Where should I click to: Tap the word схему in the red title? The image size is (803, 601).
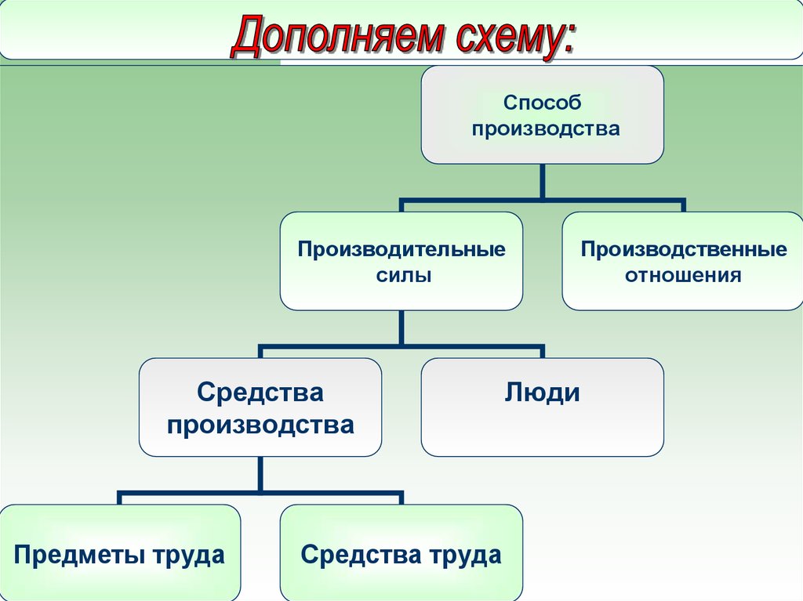(505, 38)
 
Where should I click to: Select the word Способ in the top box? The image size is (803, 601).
(543, 103)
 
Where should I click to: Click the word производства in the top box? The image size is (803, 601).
(546, 129)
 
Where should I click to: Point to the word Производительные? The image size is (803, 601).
(401, 249)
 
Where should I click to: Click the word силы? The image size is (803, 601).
(404, 275)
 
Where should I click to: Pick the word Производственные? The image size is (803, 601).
(684, 249)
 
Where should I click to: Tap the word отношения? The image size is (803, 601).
(683, 275)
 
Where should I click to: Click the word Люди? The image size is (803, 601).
(543, 393)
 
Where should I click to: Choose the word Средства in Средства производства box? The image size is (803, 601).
(260, 393)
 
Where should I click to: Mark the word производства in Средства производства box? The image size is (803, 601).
(260, 425)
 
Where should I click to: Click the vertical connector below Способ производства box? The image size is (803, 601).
(543, 181)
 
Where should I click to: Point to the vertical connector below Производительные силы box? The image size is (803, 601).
(401, 328)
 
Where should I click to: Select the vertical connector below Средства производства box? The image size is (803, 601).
(260, 474)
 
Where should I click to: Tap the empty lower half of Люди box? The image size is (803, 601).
(543, 433)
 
